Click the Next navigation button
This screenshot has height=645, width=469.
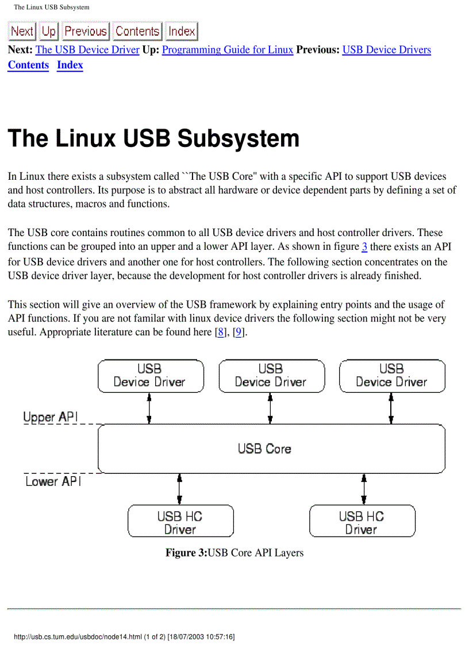(x=22, y=31)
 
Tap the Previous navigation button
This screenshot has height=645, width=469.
(x=85, y=31)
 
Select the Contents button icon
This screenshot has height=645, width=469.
(x=137, y=31)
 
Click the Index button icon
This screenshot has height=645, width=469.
(x=182, y=31)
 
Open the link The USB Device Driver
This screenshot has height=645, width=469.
(x=87, y=50)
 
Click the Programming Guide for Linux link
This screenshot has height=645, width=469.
(x=228, y=50)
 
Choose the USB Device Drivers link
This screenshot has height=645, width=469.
(x=386, y=50)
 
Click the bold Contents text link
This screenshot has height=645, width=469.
(x=28, y=65)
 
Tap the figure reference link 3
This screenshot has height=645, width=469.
(x=364, y=248)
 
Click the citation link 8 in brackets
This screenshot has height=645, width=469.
(x=220, y=333)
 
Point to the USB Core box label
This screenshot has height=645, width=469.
(x=264, y=449)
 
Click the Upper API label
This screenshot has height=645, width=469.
(x=51, y=417)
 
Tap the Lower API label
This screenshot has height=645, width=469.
(x=53, y=481)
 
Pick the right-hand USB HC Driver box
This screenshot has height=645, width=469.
(x=362, y=522)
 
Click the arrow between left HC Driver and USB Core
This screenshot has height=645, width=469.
(x=180, y=489)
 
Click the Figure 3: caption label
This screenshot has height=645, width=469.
(x=186, y=553)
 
